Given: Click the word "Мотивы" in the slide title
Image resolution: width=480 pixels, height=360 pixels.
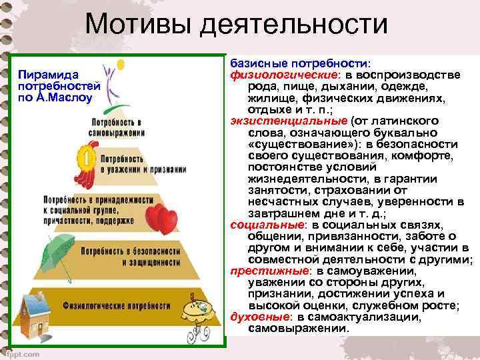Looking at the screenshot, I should point(137,26).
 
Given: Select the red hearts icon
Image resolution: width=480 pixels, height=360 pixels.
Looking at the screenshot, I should point(159,217).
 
